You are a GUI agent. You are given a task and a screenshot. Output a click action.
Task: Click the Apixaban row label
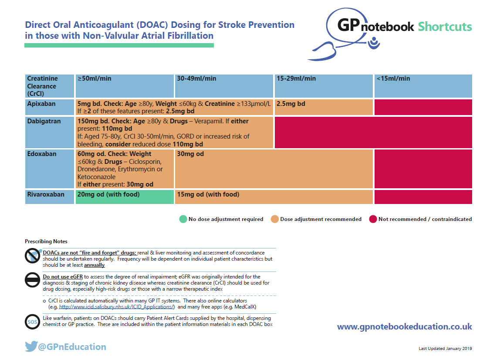point(41,104)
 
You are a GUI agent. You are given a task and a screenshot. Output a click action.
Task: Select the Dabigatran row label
point(43,121)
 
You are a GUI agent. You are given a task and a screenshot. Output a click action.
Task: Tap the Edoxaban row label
point(42,154)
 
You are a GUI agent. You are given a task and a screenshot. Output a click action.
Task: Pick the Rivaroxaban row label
point(46,194)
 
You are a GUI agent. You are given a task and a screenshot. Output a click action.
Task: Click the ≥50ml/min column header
point(95,79)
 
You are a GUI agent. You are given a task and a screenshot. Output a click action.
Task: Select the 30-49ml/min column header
point(196,79)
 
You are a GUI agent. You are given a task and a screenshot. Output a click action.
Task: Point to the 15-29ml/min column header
point(296,79)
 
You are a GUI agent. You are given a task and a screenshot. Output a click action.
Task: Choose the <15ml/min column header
point(394,79)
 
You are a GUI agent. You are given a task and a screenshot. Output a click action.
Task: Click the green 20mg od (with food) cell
point(109,194)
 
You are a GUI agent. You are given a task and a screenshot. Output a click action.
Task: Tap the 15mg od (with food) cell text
point(208,194)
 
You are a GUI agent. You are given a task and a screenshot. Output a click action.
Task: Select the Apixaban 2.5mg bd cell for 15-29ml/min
point(291,104)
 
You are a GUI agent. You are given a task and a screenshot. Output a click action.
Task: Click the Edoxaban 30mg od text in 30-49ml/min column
point(190,154)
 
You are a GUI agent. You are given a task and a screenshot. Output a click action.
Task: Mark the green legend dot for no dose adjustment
point(182,219)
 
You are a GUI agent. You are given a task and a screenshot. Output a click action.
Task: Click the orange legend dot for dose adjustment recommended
point(274,219)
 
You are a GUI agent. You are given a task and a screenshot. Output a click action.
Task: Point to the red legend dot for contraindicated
point(372,219)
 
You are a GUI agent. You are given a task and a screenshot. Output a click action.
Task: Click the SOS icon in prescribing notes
point(32,322)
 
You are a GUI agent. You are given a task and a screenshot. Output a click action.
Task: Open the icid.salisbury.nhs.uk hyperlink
point(117,307)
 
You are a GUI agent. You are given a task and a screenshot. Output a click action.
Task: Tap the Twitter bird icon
point(31,347)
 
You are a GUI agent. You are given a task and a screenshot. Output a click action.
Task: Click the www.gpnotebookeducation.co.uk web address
point(404,326)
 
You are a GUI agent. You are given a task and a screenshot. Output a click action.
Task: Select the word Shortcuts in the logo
point(445,27)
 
